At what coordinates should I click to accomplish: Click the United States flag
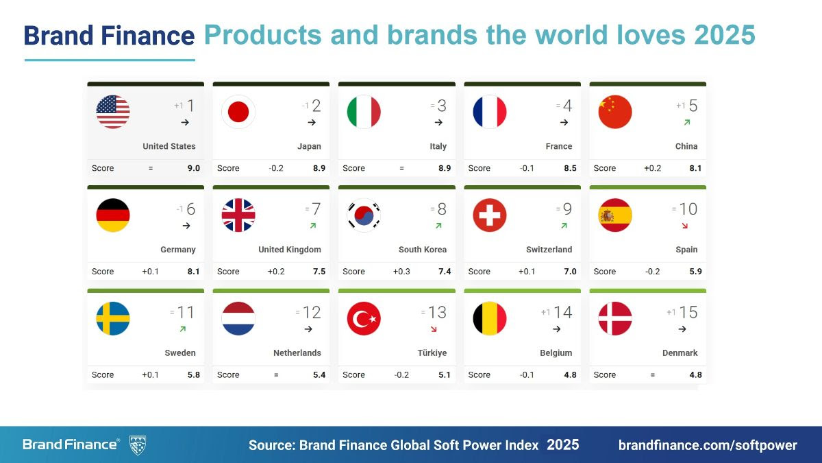(113, 112)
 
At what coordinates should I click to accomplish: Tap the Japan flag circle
(238, 112)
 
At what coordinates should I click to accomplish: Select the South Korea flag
(364, 215)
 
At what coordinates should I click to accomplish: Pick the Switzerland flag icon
(490, 215)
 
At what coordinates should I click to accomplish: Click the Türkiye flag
(364, 319)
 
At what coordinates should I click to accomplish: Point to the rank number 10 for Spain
(688, 209)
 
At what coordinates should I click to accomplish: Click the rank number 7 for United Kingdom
(316, 209)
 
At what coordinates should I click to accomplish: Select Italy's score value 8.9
(445, 168)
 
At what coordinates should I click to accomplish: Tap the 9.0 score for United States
(193, 168)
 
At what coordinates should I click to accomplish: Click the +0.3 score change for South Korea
(401, 272)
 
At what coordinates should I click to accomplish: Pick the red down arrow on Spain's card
(685, 226)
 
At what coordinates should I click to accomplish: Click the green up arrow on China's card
(686, 122)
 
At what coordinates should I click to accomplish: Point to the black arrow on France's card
(564, 123)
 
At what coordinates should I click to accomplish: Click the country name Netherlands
(297, 353)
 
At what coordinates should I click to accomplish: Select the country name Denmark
(680, 353)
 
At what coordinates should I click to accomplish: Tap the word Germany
(178, 250)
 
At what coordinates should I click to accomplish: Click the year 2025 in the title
(725, 34)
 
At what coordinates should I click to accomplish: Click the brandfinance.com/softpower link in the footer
(708, 445)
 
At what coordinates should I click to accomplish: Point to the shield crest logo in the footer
(138, 445)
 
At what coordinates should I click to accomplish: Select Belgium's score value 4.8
(570, 375)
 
